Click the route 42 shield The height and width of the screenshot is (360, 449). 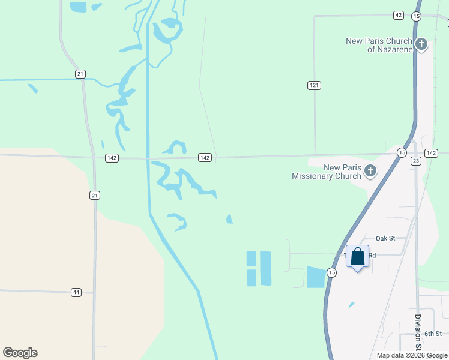[399, 15]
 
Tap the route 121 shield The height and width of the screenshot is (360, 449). [314, 85]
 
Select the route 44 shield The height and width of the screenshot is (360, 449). [76, 292]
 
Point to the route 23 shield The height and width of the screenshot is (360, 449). [416, 161]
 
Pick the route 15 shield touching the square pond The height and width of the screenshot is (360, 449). [331, 272]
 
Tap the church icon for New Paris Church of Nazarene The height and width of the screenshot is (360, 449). [422, 44]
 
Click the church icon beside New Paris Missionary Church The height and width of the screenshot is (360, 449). [370, 171]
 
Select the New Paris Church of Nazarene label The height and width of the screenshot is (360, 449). [379, 45]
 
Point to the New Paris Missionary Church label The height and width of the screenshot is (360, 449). [326, 172]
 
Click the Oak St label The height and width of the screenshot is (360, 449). [385, 238]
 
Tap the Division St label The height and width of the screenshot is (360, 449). [417, 332]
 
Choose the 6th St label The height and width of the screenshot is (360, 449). [433, 334]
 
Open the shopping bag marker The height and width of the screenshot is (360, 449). [358, 257]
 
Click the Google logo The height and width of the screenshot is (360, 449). [20, 353]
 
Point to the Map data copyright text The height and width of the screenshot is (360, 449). [411, 355]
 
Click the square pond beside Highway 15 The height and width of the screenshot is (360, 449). [315, 277]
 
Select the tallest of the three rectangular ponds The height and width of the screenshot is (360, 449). [265, 268]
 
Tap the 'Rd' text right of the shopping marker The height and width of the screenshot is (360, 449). [372, 255]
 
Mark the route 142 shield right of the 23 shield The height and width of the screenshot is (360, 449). [431, 154]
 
